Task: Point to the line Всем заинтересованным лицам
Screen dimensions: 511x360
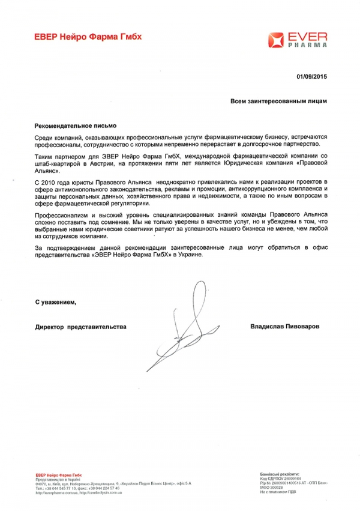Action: (279, 101)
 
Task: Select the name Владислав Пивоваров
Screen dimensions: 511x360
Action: (285, 325)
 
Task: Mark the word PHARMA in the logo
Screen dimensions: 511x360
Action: (306, 45)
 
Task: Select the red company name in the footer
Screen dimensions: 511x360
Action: (58, 474)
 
